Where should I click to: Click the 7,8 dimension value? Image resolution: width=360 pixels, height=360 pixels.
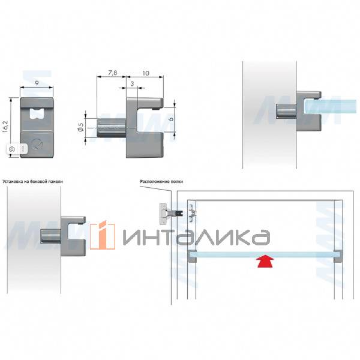pos(112,73)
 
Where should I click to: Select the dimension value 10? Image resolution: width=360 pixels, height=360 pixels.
pos(146,73)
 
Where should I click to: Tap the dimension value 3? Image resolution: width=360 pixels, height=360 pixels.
pos(132,84)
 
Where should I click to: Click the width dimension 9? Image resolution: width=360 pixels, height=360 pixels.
pos(37,83)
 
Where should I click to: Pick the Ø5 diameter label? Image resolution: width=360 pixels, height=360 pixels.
pos(80,127)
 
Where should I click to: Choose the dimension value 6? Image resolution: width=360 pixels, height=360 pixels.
pos(171,119)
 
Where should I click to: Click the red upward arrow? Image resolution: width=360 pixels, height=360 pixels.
pos(265,261)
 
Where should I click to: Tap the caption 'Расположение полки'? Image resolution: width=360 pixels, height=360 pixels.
pos(161,182)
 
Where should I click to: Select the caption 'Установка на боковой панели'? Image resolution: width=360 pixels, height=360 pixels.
pos(32,182)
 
